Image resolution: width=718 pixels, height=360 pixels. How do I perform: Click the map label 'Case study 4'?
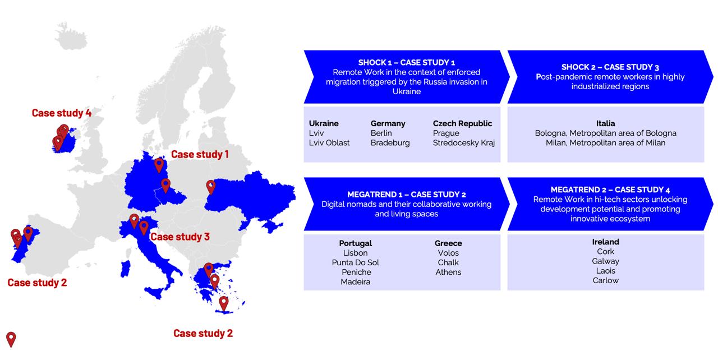coord(62,113)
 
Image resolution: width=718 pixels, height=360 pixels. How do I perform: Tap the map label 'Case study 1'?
coord(200,154)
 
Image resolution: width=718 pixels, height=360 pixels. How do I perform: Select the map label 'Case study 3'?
coord(180,237)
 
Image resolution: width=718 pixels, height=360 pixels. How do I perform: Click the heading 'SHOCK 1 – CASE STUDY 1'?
coord(407,62)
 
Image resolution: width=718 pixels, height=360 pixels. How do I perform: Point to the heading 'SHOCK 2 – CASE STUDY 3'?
coord(610,67)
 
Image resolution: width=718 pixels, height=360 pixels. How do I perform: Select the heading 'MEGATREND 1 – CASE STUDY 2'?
coord(407,195)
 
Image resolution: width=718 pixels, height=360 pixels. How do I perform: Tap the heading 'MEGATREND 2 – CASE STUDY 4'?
coord(610,190)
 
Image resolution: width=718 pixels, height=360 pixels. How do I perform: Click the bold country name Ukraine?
coord(324,123)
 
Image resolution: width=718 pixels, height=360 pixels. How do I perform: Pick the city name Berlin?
coord(381,133)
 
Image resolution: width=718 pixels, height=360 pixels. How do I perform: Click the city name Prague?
coord(446,133)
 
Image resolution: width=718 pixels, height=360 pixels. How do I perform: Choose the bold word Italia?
coord(605,123)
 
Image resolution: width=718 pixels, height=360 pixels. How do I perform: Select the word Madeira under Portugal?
coord(356,282)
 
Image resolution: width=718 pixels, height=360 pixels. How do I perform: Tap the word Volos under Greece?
coord(448,253)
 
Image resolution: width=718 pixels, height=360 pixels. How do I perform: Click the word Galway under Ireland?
coord(605,261)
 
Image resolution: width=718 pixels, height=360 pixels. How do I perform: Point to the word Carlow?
coord(605,280)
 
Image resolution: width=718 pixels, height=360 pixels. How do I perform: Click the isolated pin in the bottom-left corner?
coord(11,339)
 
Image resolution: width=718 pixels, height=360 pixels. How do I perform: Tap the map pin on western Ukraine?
coord(210,187)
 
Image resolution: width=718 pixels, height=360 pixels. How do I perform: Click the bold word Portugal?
coord(356,243)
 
